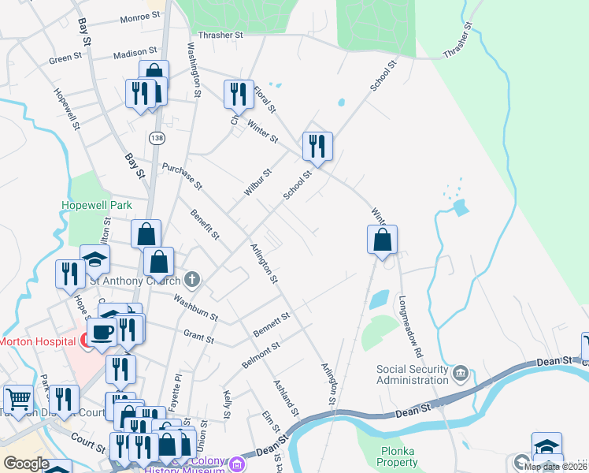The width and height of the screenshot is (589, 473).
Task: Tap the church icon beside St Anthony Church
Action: coord(192,280)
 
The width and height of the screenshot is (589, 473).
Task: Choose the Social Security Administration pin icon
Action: coord(461,371)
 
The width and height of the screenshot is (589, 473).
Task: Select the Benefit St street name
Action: coord(204,225)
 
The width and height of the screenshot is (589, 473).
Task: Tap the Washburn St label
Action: coord(196,307)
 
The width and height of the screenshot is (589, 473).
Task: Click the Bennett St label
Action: coord(272,325)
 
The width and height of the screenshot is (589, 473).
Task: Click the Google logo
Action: coord(25,463)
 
